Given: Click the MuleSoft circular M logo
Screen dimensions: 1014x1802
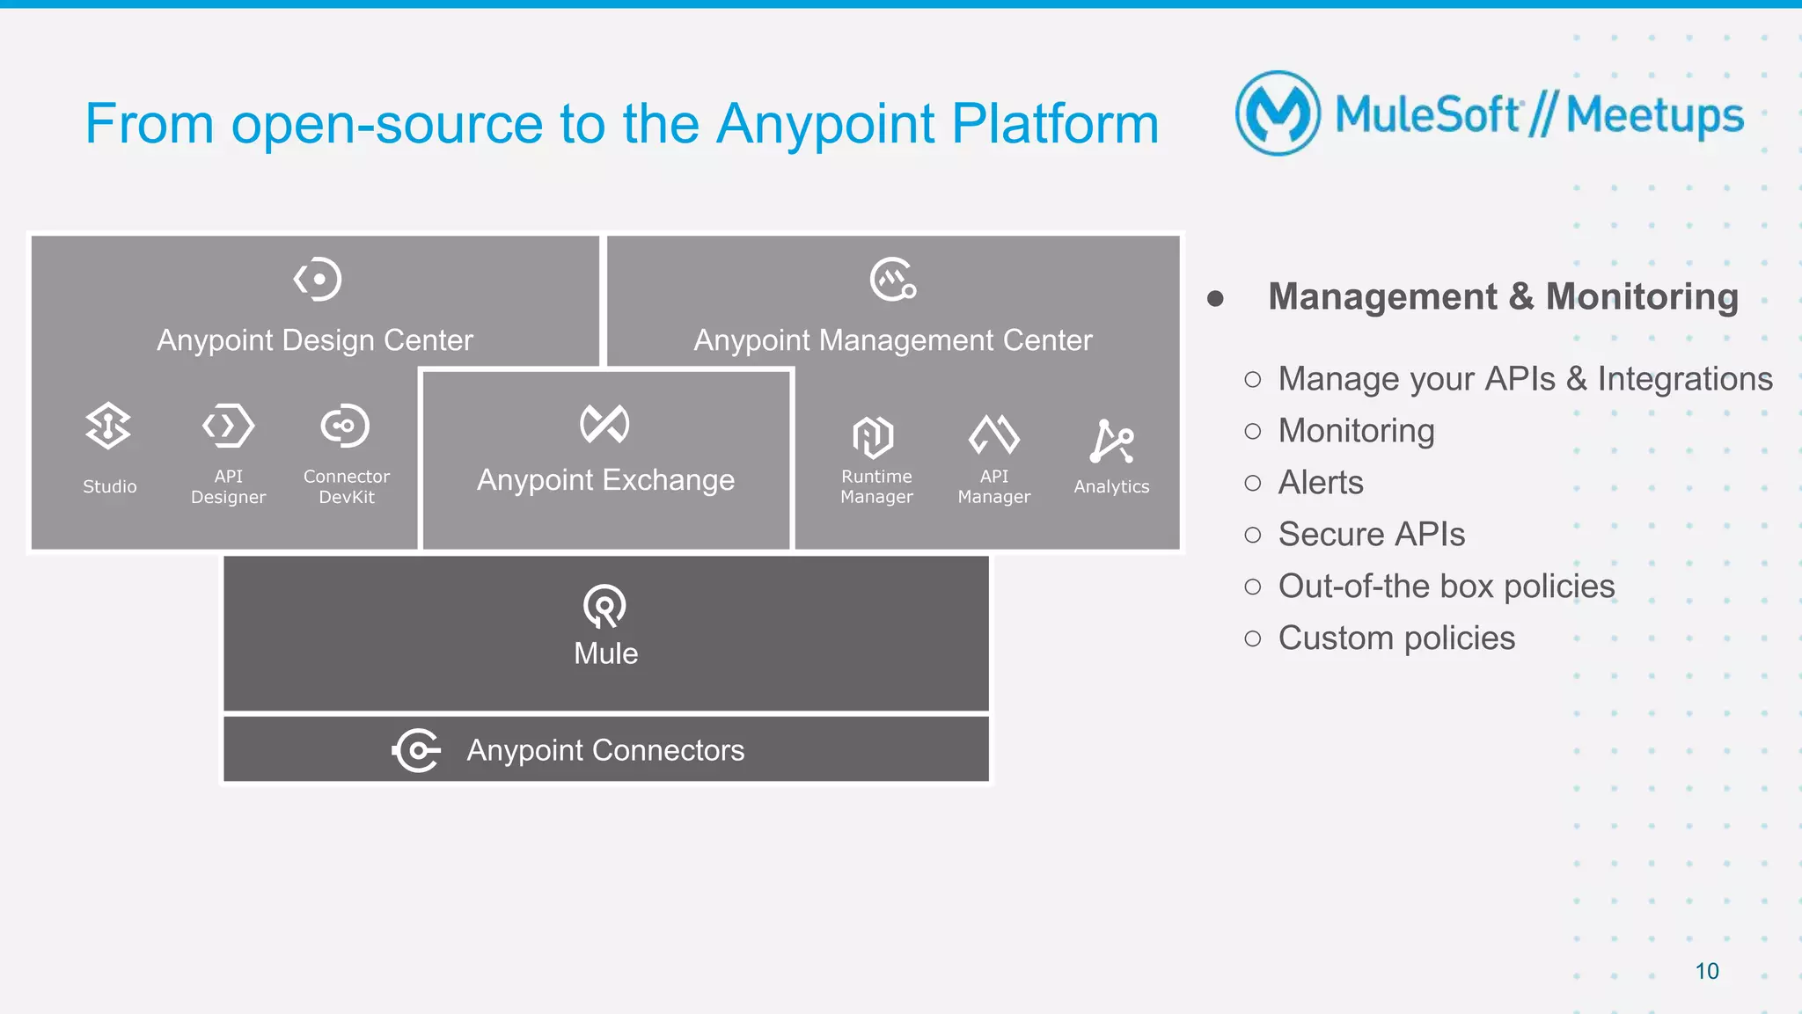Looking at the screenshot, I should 1278,113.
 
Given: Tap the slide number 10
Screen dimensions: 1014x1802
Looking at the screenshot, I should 1706,971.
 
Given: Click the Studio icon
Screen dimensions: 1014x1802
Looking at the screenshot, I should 108,426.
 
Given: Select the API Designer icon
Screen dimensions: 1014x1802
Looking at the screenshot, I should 228,426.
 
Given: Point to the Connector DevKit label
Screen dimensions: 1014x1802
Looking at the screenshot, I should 346,486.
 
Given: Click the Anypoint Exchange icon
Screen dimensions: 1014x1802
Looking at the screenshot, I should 604,424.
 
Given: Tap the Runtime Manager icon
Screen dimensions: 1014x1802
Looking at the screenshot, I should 873,436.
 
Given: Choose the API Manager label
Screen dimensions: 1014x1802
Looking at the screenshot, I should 993,486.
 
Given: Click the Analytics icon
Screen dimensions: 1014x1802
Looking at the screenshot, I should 1111,441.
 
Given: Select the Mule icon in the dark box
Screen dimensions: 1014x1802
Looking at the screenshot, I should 604,606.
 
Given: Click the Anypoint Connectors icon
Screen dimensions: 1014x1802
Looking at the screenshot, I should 415,750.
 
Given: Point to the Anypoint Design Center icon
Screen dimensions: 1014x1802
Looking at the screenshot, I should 317,280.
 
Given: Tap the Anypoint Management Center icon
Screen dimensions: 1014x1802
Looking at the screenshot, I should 892,280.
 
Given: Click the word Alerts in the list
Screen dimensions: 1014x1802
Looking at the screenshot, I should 1320,483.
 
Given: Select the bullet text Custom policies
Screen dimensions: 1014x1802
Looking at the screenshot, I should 1395,638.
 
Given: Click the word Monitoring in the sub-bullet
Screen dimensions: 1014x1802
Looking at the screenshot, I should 1355,431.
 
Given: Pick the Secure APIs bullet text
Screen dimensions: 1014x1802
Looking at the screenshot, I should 1371,535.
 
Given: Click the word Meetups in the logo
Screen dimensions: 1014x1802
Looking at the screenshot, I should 1654,116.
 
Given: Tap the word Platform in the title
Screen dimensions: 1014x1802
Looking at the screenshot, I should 1055,124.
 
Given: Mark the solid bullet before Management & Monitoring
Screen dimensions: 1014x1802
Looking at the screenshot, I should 1215,299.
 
